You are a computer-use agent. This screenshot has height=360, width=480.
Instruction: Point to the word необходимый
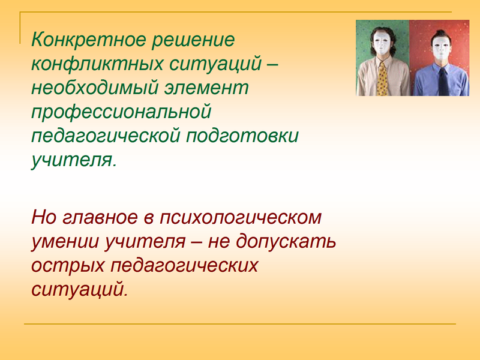tap(95, 88)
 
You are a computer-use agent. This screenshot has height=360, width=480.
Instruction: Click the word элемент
tap(206, 88)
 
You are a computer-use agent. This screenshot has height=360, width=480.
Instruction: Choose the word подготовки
tap(242, 137)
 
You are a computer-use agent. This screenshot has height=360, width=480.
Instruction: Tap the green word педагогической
tap(106, 137)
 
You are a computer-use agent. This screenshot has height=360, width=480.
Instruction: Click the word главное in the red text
tap(100, 217)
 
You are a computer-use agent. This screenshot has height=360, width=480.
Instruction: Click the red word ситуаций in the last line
tap(80, 289)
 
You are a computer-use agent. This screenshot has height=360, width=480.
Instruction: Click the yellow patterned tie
tap(382, 80)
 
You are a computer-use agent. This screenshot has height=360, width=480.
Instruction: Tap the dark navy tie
tap(443, 82)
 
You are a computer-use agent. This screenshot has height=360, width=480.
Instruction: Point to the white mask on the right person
tap(440, 48)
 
